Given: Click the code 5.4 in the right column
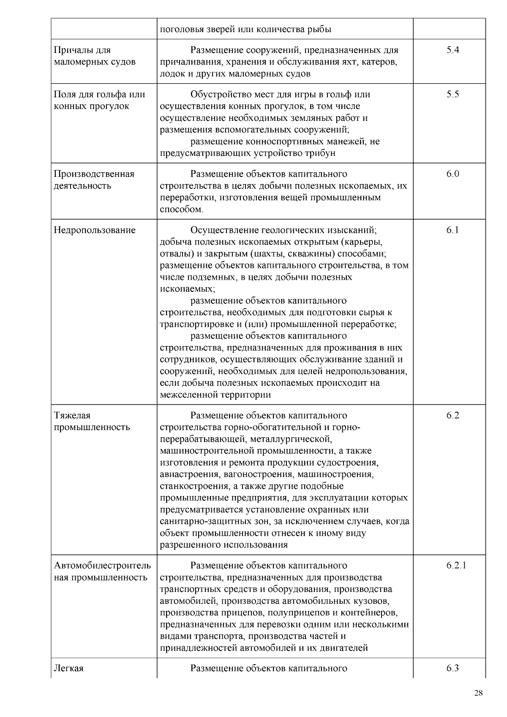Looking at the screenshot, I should (452, 50).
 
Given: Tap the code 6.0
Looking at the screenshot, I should (452, 174).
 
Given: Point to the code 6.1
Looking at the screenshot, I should (452, 230).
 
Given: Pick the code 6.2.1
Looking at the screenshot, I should (456, 566).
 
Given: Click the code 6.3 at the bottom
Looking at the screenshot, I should (452, 668).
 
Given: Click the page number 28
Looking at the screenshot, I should (478, 693).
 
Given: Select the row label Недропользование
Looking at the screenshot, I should (95, 230).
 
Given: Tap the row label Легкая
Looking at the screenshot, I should (69, 668).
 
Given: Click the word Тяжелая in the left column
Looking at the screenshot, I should (72, 416).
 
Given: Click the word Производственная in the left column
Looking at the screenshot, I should (94, 174).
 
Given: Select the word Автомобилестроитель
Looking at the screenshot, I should (102, 566).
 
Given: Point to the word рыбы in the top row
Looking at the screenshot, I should (320, 30).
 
